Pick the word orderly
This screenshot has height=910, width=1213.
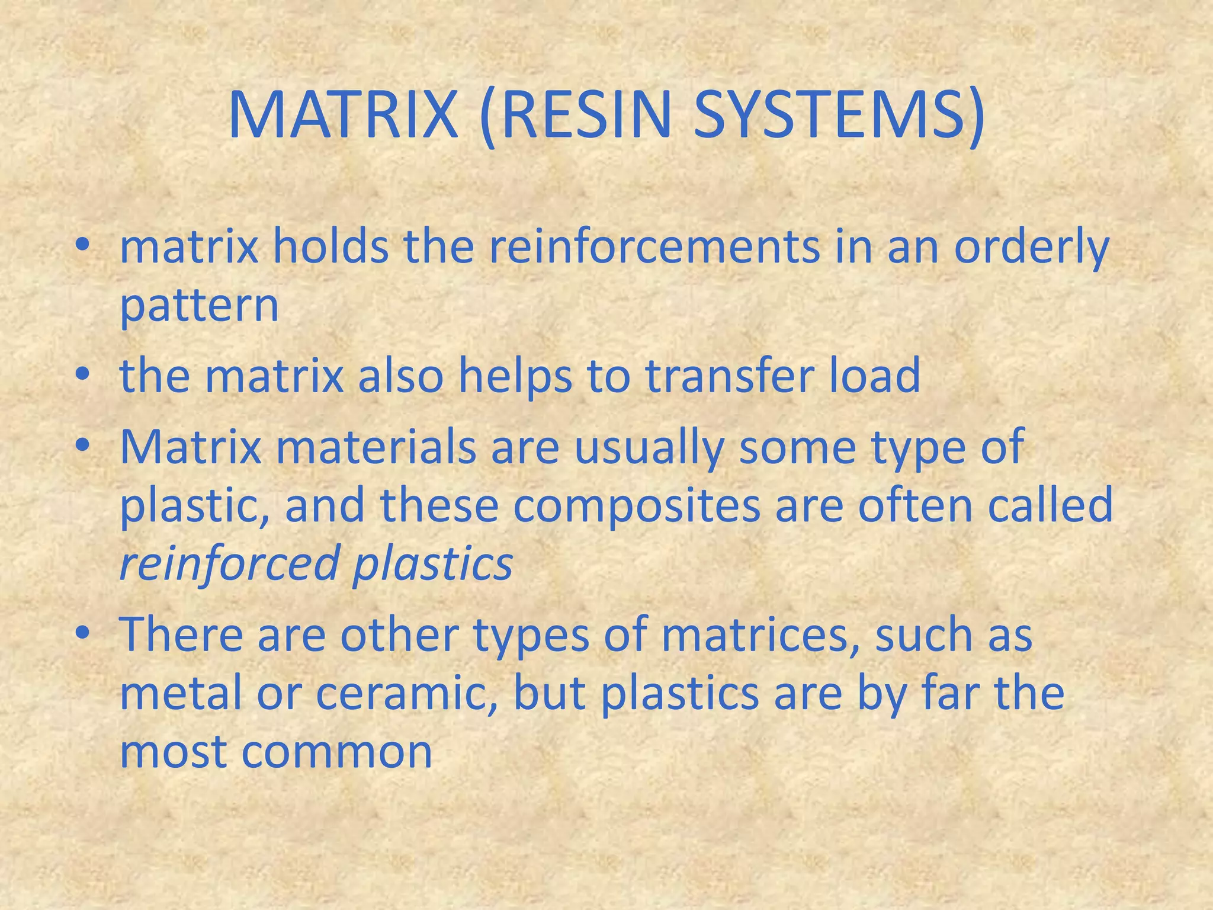tap(1031, 249)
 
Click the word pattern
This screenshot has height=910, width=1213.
tap(199, 307)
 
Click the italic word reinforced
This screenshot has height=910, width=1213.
tap(229, 564)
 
